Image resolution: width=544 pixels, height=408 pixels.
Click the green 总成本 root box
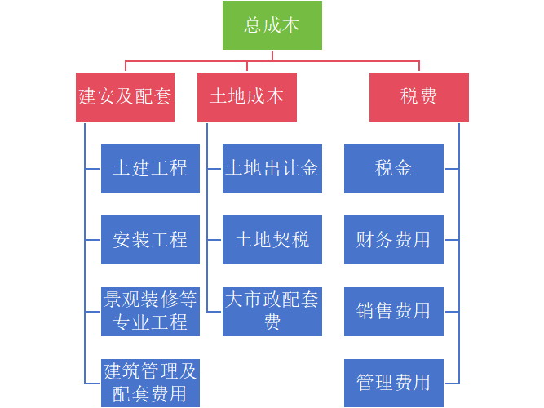click(x=272, y=25)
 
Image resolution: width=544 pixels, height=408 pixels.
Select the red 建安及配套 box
click(x=126, y=96)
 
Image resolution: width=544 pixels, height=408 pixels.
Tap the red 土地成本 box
click(x=247, y=96)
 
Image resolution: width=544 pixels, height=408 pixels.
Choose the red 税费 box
click(x=418, y=96)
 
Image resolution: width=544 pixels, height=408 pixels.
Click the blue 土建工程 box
click(x=150, y=168)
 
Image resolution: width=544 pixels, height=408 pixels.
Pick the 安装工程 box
click(x=150, y=240)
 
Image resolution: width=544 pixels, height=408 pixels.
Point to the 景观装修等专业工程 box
click(x=150, y=311)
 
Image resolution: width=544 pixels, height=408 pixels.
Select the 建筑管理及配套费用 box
click(x=150, y=383)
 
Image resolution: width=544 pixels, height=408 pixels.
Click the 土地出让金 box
click(x=272, y=168)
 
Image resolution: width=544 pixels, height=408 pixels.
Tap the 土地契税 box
click(x=272, y=240)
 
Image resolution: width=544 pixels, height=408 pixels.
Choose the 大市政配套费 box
click(x=272, y=311)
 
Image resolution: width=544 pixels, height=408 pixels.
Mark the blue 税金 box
click(x=394, y=168)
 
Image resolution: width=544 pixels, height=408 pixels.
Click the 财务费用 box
click(x=394, y=240)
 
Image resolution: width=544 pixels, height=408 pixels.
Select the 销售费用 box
click(x=394, y=311)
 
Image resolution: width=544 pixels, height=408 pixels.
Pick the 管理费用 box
click(x=394, y=383)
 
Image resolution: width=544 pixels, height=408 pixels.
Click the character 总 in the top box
click(x=254, y=25)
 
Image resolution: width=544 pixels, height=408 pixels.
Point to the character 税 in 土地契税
click(x=300, y=240)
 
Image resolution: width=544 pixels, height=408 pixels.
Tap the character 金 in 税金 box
click(x=404, y=168)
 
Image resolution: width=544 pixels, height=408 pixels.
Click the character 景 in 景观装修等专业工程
click(x=113, y=299)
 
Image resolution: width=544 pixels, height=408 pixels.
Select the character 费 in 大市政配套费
click(x=272, y=322)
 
